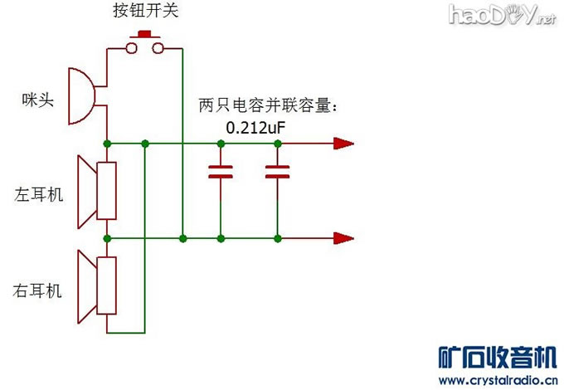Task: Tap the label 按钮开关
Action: pyautogui.click(x=145, y=12)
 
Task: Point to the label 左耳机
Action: pyautogui.click(x=39, y=196)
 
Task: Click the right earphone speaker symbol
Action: pyautogui.click(x=98, y=286)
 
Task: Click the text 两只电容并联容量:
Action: pyautogui.click(x=270, y=106)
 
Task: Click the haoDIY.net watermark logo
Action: pyautogui.click(x=502, y=14)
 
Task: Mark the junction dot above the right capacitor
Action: pyautogui.click(x=277, y=144)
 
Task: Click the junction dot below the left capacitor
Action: pyautogui.click(x=221, y=238)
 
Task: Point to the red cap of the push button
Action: pyautogui.click(x=145, y=35)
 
